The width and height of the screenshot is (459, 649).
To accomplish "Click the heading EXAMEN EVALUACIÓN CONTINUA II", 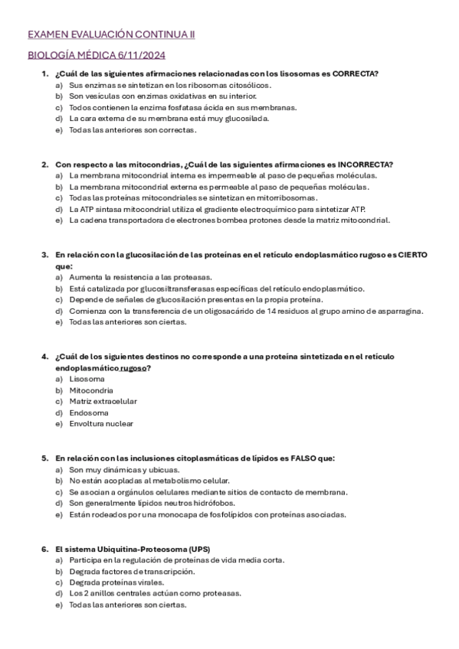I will pyautogui.click(x=111, y=34).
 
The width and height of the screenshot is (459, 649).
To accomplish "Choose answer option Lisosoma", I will pyautogui.click(x=87, y=379).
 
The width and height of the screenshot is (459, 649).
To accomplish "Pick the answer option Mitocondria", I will pyautogui.click(x=91, y=390).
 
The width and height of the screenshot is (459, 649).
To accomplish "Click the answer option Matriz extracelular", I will pyautogui.click(x=103, y=401).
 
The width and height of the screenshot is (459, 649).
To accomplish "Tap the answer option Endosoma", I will pyautogui.click(x=89, y=413).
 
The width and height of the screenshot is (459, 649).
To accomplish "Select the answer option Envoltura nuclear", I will pyautogui.click(x=101, y=424).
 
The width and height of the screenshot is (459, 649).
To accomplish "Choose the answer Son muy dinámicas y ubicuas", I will pyautogui.click(x=124, y=469).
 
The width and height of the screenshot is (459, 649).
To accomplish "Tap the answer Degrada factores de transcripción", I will pyautogui.click(x=131, y=571).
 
